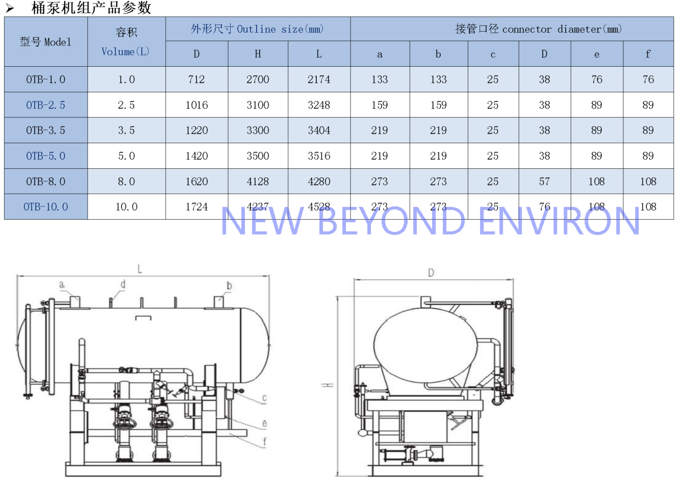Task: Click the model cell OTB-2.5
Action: [x=45, y=105]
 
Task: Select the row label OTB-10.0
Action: [x=45, y=207]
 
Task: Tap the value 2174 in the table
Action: [x=319, y=80]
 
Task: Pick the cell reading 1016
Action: [x=197, y=105]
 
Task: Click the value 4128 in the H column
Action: [x=258, y=181]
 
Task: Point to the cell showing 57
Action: [x=544, y=181]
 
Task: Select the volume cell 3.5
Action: [x=126, y=131]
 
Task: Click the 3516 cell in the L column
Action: [x=319, y=156]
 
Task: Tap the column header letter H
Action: [x=258, y=54]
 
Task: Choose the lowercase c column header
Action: [x=493, y=55]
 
